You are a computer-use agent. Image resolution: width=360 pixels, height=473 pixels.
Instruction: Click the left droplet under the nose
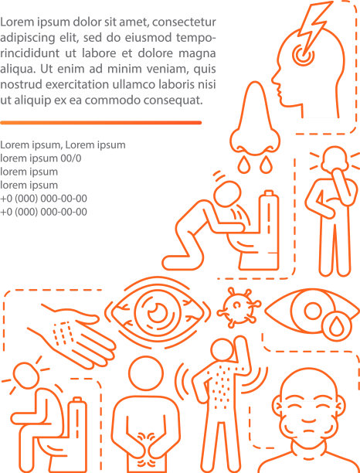243,165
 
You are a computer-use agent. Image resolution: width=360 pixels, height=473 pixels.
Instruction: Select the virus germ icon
239,308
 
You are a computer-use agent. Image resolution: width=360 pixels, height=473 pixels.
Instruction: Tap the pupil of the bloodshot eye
158,311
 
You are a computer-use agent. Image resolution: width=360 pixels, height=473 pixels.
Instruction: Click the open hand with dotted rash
73,335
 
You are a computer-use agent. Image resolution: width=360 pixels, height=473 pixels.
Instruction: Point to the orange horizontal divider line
100,122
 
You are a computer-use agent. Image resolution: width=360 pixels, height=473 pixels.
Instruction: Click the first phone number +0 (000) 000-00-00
44,198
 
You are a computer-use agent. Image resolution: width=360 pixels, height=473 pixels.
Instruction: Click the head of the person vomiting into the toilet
226,193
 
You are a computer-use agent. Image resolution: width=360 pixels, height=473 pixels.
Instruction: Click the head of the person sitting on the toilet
26,376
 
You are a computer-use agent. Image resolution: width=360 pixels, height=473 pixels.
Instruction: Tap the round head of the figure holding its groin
146,373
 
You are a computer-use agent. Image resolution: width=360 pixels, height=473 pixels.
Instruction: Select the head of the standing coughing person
334,158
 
